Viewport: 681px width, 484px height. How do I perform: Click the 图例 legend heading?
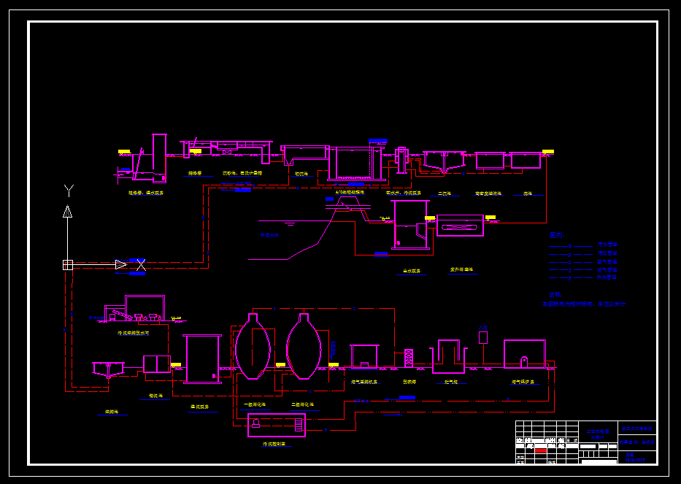point(557,235)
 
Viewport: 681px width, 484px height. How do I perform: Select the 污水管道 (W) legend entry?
point(607,245)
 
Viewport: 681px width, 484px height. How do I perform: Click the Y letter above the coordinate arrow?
point(69,191)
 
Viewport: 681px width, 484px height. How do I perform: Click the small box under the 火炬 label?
point(482,337)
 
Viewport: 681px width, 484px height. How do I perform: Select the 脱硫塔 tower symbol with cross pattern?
point(409,358)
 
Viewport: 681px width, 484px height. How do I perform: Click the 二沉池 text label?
point(444,194)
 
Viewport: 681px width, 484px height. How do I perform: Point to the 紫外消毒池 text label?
point(461,269)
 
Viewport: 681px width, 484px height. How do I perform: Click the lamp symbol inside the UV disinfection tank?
point(460,226)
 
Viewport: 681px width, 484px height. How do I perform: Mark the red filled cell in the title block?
point(541,451)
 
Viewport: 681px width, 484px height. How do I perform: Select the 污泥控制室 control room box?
point(277,425)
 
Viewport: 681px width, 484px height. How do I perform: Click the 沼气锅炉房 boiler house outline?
point(524,355)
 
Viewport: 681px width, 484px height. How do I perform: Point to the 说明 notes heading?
point(555,294)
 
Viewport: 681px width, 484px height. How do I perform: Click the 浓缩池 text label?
point(112,412)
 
